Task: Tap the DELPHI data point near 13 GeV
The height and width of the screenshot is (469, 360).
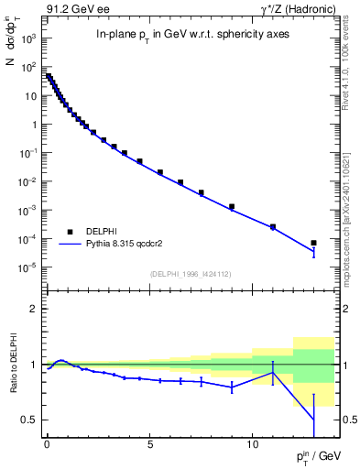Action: tap(313, 243)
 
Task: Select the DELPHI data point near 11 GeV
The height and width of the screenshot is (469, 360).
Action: tap(273, 226)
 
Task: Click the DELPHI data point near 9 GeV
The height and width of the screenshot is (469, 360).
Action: tap(232, 207)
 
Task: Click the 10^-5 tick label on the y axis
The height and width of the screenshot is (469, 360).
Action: tap(28, 267)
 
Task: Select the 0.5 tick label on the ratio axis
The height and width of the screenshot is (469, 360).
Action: tap(28, 420)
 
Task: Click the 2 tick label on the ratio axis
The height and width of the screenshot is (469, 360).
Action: tap(33, 310)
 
